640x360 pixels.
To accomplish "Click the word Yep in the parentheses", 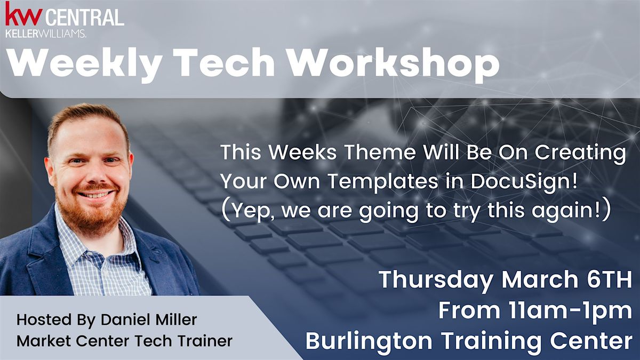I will click(248, 211).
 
